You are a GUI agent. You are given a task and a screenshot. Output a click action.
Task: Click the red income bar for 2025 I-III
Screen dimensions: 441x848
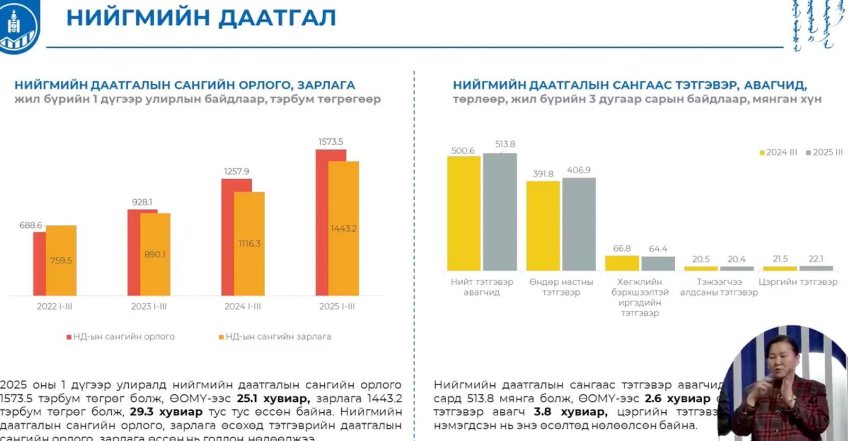coord(322,223)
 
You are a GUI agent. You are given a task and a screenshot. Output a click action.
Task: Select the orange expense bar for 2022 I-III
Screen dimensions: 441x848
coord(61,260)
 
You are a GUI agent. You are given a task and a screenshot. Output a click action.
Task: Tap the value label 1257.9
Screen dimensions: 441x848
coord(236,172)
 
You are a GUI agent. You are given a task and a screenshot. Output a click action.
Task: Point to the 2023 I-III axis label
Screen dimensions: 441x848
coord(149,306)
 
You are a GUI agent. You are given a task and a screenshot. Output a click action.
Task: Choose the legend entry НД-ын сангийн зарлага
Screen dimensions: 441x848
coord(275,337)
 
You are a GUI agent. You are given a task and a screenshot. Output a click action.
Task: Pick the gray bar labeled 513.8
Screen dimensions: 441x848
coord(500,212)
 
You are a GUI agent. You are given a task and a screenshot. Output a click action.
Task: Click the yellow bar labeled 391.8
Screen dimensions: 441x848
coord(543,226)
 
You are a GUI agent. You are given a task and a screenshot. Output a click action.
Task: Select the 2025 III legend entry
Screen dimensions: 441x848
coord(824,153)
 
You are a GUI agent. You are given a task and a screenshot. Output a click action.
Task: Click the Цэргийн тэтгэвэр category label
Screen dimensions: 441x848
coord(798,282)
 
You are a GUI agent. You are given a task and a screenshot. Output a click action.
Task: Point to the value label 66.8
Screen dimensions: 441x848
coord(622,249)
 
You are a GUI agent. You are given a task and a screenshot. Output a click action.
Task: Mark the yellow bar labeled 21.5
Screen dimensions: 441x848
coord(780,268)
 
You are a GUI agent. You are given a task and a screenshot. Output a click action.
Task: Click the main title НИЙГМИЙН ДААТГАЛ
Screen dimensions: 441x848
coord(201,17)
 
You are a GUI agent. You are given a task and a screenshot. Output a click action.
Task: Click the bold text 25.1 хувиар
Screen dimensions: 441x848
coord(273,399)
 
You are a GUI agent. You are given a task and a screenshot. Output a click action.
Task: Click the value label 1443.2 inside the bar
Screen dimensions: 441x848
coord(343,228)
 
